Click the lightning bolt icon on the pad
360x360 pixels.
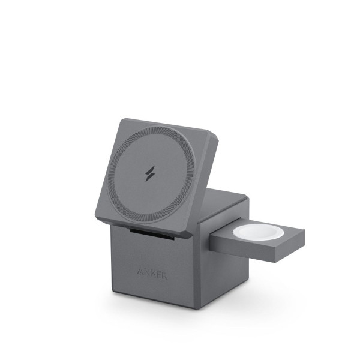click(150, 172)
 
